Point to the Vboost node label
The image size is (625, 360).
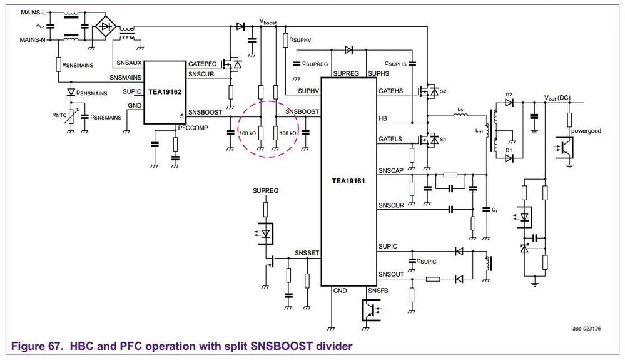[267, 22]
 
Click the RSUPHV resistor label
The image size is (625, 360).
[300, 39]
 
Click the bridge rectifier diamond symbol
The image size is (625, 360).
[104, 26]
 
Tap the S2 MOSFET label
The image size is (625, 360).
[443, 91]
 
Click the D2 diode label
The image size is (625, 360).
[509, 95]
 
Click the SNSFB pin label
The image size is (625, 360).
[378, 291]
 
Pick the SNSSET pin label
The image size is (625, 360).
[307, 253]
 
